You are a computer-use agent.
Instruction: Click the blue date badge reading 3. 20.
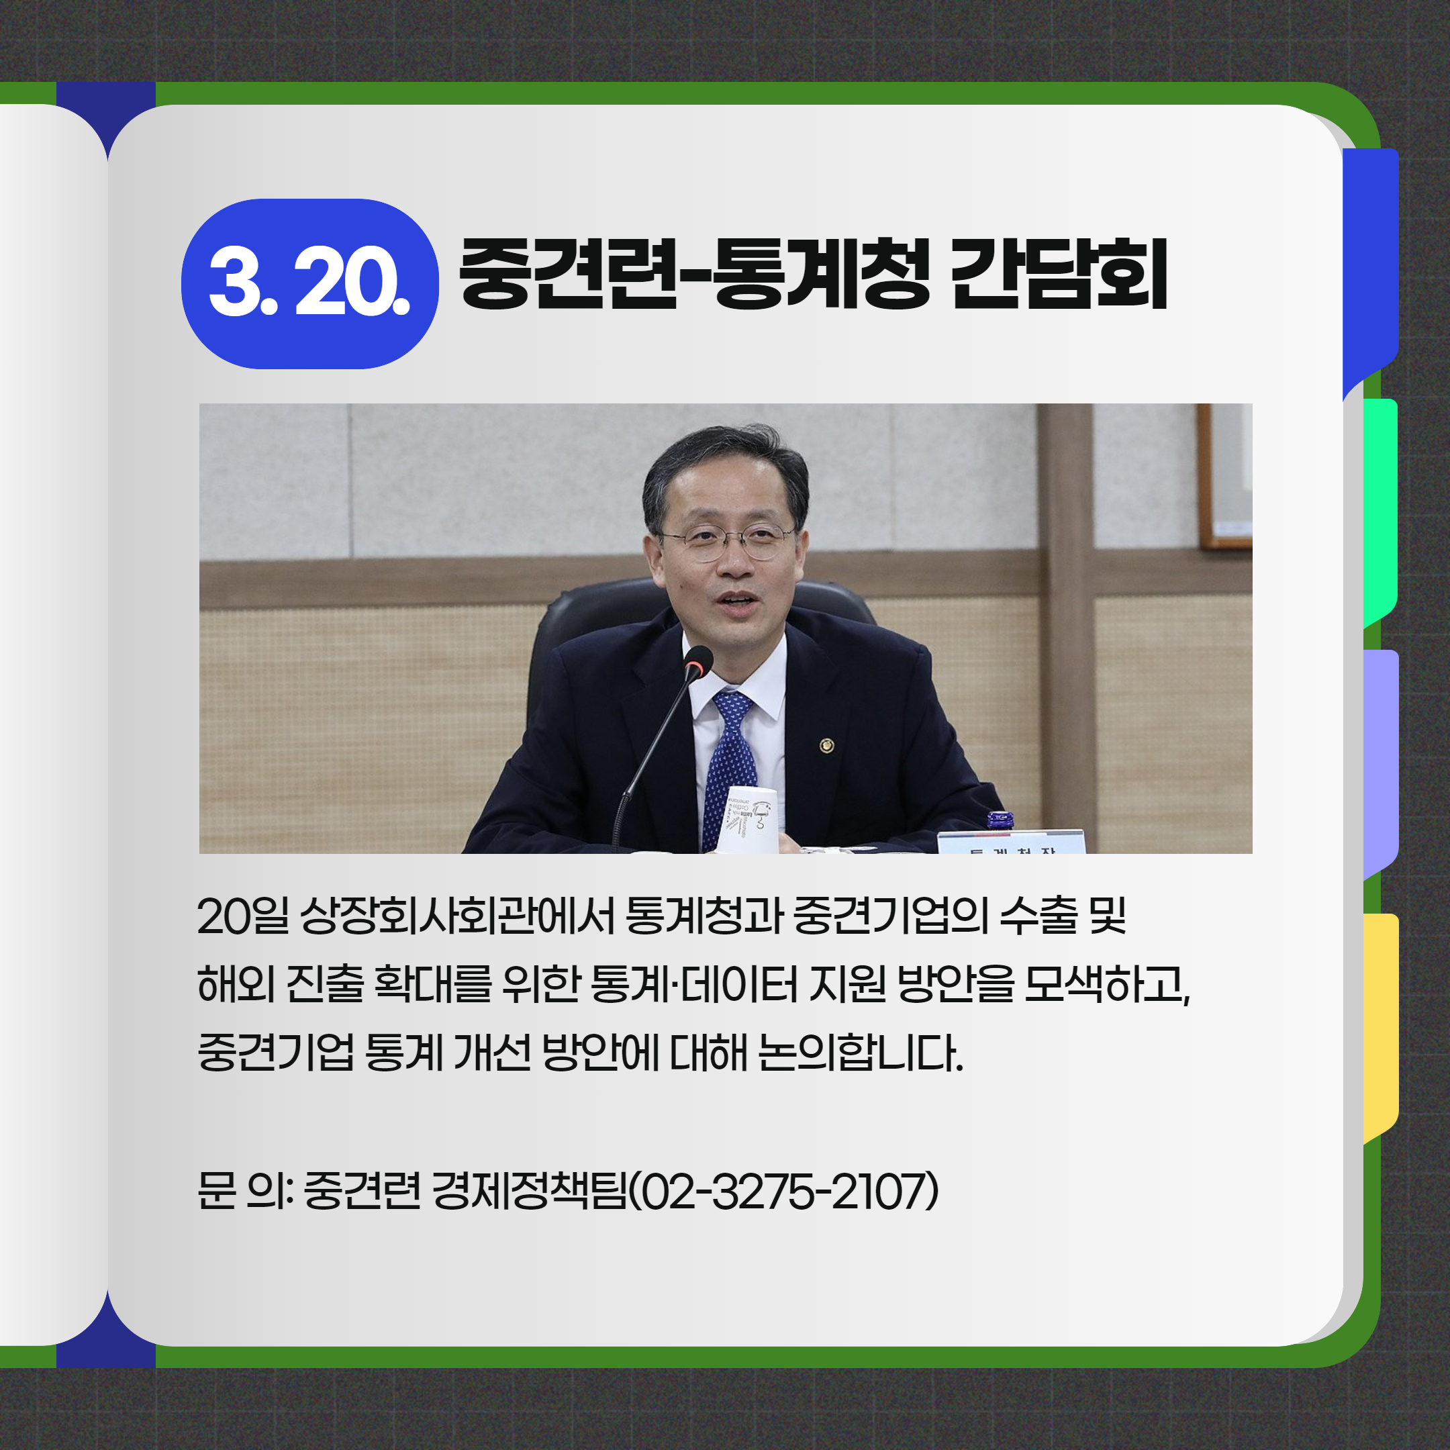pos(310,284)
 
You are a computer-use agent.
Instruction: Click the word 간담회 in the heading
pos(1059,273)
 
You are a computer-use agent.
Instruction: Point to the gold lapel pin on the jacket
pos(826,745)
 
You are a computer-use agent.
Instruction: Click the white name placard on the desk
pos(1011,842)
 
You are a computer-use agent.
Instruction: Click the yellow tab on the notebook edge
pos(1381,1029)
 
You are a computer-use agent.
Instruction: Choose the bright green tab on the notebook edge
pos(1380,514)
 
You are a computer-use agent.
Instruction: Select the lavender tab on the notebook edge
pos(1381,764)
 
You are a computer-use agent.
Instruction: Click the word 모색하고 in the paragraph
pos(1108,984)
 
